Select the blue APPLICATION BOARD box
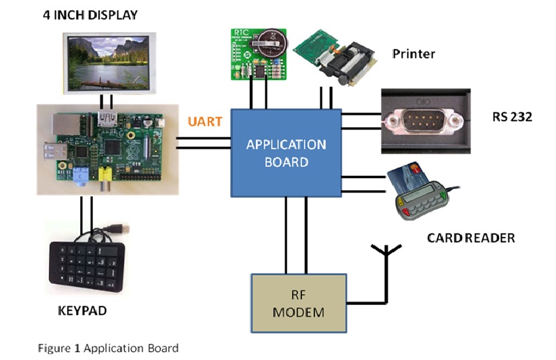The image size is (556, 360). pyautogui.click(x=286, y=153)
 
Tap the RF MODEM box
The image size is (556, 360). pyautogui.click(x=299, y=303)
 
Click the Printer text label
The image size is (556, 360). pyautogui.click(x=413, y=54)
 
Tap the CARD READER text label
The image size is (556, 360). pyautogui.click(x=470, y=238)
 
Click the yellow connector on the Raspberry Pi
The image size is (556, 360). pyautogui.click(x=107, y=177)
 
